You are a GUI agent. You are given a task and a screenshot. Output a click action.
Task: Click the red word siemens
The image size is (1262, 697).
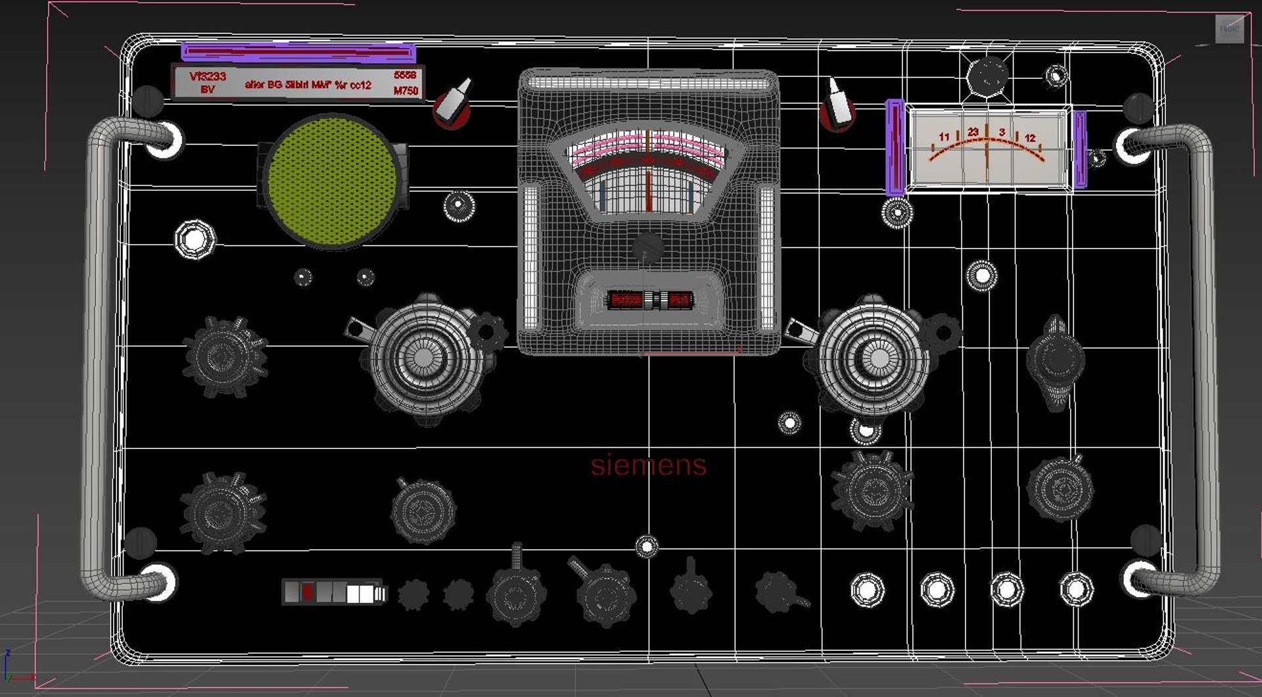(648, 465)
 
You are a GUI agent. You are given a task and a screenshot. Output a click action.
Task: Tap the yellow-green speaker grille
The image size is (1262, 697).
(331, 181)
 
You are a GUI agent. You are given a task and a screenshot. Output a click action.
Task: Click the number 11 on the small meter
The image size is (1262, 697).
(944, 137)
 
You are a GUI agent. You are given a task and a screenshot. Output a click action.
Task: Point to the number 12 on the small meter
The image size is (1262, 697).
(1029, 137)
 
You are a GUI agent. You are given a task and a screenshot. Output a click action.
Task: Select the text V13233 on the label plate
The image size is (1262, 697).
(208, 76)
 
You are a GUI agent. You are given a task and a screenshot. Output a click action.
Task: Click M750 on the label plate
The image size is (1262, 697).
(406, 91)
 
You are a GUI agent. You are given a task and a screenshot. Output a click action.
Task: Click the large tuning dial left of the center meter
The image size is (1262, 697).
(424, 357)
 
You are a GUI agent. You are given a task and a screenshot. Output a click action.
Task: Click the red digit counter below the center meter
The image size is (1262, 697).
(649, 300)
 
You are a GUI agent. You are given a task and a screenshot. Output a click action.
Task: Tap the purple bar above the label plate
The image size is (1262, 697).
(298, 51)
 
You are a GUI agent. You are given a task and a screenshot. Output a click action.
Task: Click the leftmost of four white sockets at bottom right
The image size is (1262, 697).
(868, 589)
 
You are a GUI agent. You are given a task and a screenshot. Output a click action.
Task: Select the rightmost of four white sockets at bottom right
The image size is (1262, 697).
(1076, 589)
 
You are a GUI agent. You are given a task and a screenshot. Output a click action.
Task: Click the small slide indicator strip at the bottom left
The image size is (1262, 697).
(334, 592)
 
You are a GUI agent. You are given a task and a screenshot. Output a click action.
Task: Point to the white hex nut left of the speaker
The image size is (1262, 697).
(195, 239)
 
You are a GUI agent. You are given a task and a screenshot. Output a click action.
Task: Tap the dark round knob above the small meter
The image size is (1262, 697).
(987, 76)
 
